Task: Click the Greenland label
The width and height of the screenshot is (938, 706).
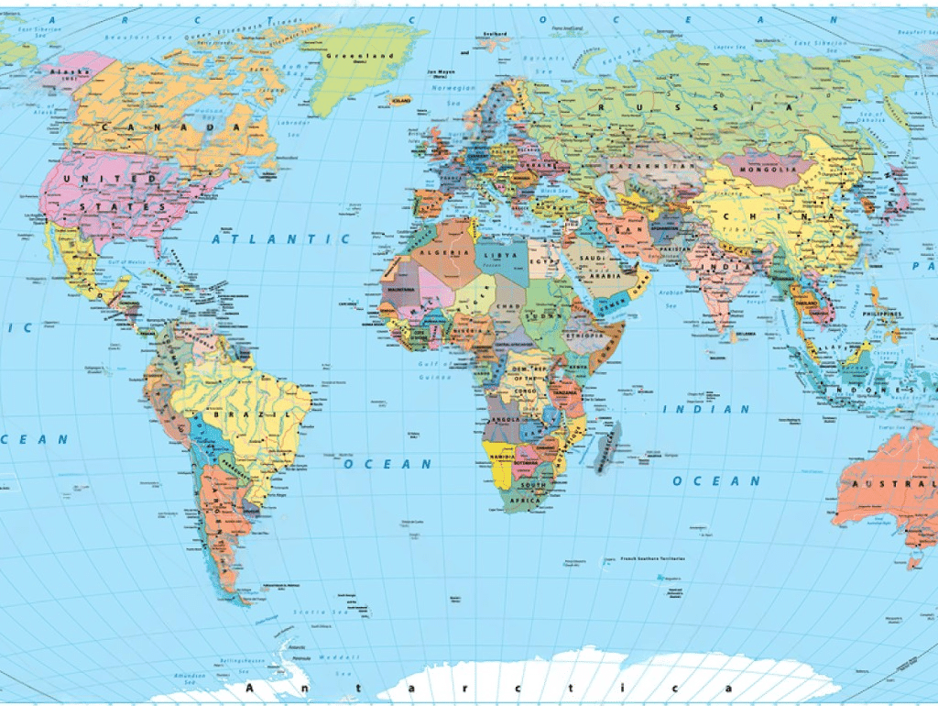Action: pos(359,55)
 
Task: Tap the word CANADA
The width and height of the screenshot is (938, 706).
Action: pos(173,127)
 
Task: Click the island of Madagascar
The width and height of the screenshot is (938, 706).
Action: pos(607,447)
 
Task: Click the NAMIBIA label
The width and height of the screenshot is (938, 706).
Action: pos(501,457)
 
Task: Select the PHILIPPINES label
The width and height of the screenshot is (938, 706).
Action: pos(881,314)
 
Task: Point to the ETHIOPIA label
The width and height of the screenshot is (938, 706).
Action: pos(584,336)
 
